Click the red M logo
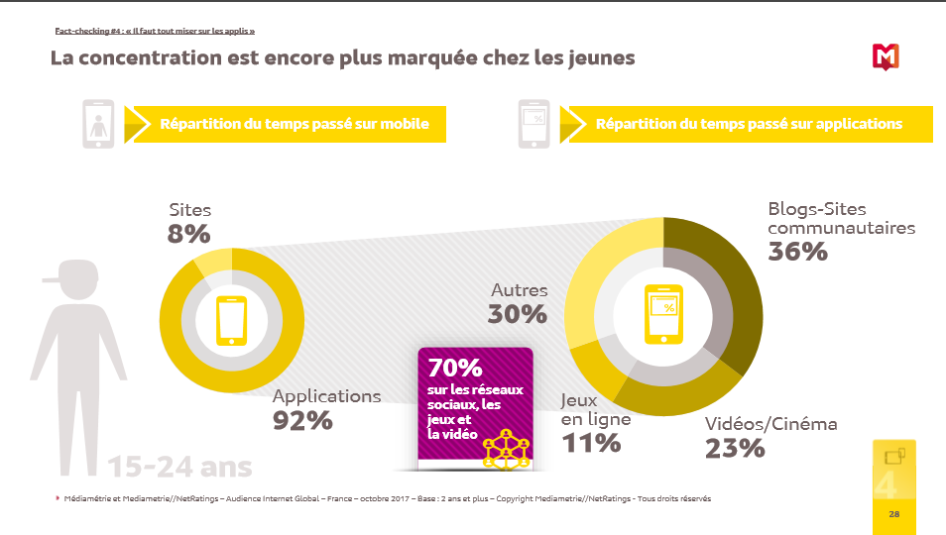pyautogui.click(x=886, y=57)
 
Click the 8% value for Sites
pyautogui.click(x=188, y=234)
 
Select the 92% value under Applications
pyautogui.click(x=302, y=420)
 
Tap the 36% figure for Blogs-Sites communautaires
pyautogui.click(x=797, y=252)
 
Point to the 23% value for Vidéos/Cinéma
pyautogui.click(x=735, y=448)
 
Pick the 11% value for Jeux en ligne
pyautogui.click(x=591, y=443)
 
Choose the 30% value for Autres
pyautogui.click(x=518, y=314)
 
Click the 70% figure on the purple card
pyautogui.click(x=455, y=367)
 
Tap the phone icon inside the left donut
pyautogui.click(x=231, y=321)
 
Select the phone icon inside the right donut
pyautogui.click(x=662, y=314)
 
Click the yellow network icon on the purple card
pyautogui.click(x=508, y=448)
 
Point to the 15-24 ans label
pyautogui.click(x=179, y=467)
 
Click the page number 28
pyautogui.click(x=893, y=514)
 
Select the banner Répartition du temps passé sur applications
pyautogui.click(x=749, y=124)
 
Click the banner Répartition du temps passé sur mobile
pyautogui.click(x=295, y=124)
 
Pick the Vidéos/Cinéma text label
pyautogui.click(x=770, y=424)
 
